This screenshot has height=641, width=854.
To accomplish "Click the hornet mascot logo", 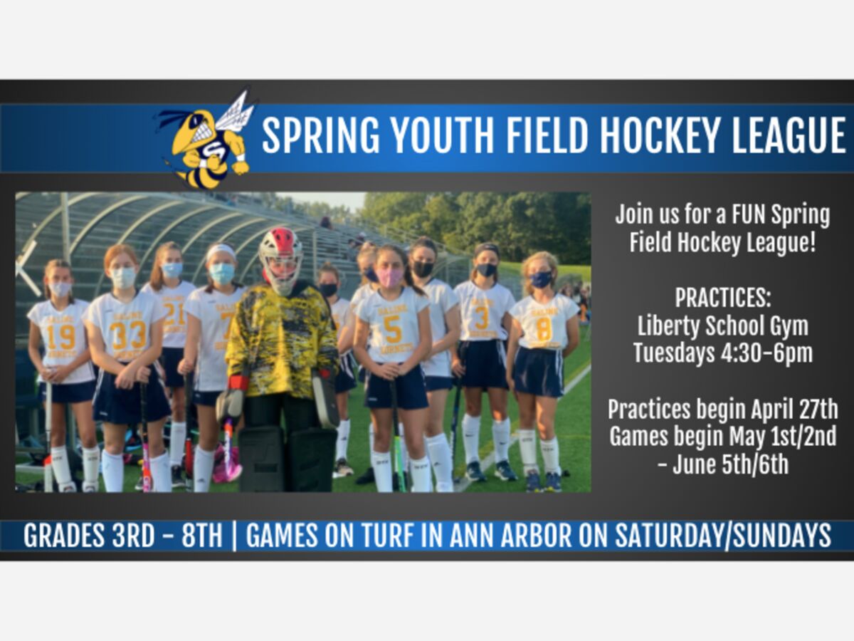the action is point(206,140).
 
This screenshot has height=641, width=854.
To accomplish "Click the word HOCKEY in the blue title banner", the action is point(662,135).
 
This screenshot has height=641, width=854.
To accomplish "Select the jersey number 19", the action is point(60,337).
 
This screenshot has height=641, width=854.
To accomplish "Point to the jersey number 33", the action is point(127,335).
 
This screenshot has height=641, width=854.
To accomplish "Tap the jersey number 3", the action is point(482,318).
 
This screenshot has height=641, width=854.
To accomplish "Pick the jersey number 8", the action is point(544,329).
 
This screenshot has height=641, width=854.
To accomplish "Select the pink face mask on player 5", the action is point(389,278).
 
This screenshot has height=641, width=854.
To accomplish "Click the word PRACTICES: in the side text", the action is point(723,298).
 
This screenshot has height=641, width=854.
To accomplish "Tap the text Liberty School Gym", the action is point(723,326).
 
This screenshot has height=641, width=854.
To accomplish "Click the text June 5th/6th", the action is point(730,464).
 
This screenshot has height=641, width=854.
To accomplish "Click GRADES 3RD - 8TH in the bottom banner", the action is point(122,536).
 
